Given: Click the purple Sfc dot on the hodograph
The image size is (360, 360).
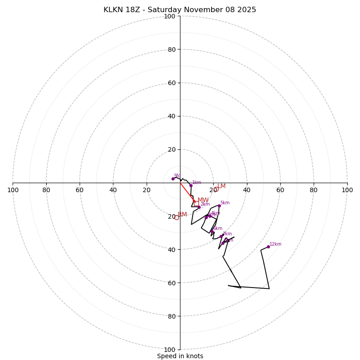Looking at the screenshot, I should click(x=173, y=179).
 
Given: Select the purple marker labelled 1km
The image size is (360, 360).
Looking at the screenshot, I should click(x=191, y=185).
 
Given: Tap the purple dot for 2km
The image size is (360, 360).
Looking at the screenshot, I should click(x=199, y=207).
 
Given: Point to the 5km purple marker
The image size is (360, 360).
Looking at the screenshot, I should click(x=219, y=206).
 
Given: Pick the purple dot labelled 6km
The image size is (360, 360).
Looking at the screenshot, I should click(x=212, y=232).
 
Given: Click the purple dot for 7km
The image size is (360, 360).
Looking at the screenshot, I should click(x=221, y=237).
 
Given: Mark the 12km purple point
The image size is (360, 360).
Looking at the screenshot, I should click(x=268, y=247).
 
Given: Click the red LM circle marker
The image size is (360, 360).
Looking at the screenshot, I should click(x=216, y=189).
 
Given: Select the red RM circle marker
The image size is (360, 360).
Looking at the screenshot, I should click(x=176, y=218).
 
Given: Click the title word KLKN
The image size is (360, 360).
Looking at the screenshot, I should click(x=114, y=10).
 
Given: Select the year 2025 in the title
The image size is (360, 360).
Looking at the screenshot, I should click(x=247, y=10).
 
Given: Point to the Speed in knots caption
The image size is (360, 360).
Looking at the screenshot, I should click(x=180, y=356).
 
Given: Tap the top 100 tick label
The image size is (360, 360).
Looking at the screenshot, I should click(x=170, y=16).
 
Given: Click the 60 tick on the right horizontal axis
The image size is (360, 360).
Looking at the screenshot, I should click(x=280, y=190).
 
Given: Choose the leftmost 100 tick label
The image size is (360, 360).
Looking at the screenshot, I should click(x=13, y=190).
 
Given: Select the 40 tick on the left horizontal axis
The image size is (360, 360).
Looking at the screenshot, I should click(x=113, y=190).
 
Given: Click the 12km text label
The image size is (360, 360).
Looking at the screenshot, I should click(x=275, y=244).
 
